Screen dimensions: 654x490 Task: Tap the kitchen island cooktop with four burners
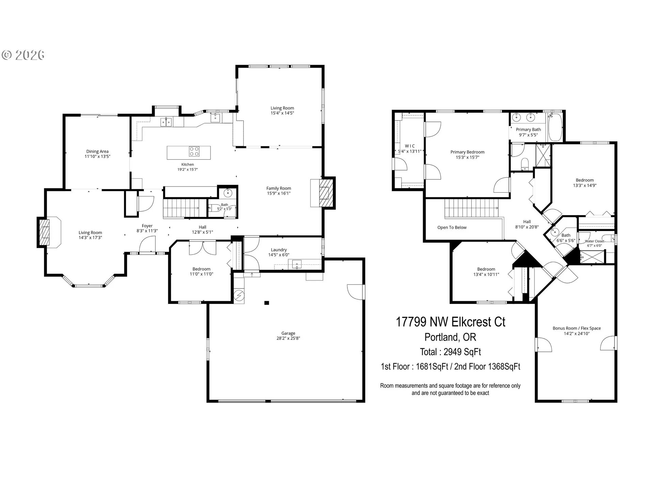click(194, 151)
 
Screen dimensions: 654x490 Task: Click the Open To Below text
click(452, 228)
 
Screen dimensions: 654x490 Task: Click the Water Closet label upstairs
click(594, 241)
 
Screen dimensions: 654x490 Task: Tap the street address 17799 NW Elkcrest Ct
click(450, 322)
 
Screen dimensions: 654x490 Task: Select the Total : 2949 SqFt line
click(450, 352)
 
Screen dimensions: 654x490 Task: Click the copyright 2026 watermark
click(23, 55)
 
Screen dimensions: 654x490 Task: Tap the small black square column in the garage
click(267, 303)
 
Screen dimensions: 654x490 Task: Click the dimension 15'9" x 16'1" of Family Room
click(279, 193)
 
